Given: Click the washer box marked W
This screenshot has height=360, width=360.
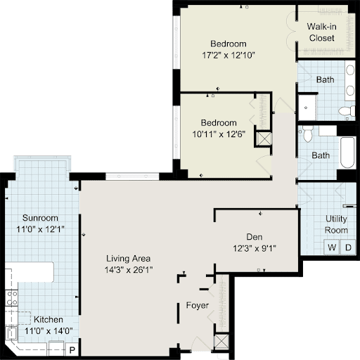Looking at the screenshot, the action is pos(331,247).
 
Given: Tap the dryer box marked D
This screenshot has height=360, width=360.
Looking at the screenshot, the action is pos(348,247).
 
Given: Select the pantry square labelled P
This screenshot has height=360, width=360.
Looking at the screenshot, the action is pos(72,350).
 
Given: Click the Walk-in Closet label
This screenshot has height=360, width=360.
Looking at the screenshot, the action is pos(321,32).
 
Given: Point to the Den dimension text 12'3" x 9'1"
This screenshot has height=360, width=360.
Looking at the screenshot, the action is pos(255,248).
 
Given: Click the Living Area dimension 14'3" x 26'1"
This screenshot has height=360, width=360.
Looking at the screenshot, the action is pos(129,270).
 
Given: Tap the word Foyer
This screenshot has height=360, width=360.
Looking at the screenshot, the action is pos(197,305).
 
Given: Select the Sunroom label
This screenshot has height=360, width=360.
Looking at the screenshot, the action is pos(40,218).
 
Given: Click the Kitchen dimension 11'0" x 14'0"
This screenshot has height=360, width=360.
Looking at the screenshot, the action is pos(49,331).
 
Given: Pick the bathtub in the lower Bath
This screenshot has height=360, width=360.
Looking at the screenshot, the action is pos(347,153).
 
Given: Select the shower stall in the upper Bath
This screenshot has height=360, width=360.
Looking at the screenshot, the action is pos(307,108).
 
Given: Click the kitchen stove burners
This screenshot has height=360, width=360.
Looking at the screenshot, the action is pos(11,298).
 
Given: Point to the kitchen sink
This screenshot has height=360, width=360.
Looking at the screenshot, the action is pos(11,333).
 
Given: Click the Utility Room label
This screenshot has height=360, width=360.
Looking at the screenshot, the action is pos(336,224).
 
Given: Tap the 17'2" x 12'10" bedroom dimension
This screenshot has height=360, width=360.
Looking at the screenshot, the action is pos(229,56).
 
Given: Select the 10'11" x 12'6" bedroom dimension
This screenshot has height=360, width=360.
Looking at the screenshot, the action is pos(219,134).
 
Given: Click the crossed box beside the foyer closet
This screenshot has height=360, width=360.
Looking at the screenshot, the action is pos(221,341).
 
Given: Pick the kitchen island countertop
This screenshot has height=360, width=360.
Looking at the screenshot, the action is pos(30,272).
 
